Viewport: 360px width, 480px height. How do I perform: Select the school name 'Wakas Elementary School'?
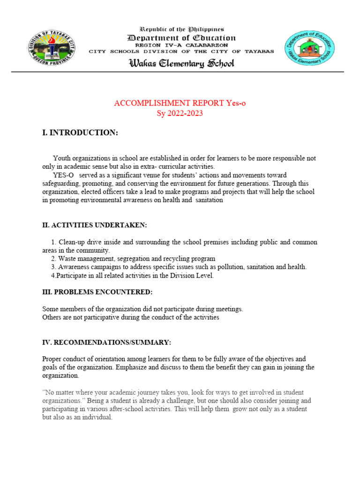pyautogui.click(x=181, y=63)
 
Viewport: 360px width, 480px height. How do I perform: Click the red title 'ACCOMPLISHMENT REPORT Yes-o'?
pyautogui.click(x=180, y=103)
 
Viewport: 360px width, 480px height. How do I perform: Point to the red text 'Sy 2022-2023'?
pyautogui.click(x=180, y=113)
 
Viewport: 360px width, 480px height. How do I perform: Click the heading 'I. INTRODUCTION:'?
pyautogui.click(x=80, y=133)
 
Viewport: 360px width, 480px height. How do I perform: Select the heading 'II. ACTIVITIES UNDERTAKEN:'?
pyautogui.click(x=95, y=225)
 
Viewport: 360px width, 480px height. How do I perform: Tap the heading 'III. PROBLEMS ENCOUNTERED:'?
pyautogui.click(x=97, y=292)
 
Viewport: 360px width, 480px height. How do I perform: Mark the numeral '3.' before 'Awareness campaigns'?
pyautogui.click(x=53, y=267)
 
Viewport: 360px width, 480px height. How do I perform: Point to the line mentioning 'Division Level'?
pyautogui.click(x=132, y=276)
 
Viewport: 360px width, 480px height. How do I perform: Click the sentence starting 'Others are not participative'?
pyautogui.click(x=131, y=317)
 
